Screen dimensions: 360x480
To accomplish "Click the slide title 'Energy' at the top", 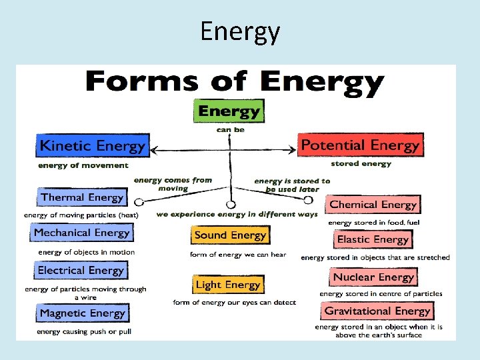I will pyautogui.click(x=240, y=31).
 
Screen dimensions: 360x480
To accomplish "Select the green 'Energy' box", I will pyautogui.click(x=228, y=111).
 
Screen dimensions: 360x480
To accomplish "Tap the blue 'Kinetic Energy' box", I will pyautogui.click(x=92, y=145).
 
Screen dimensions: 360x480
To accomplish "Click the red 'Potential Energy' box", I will pyautogui.click(x=360, y=145).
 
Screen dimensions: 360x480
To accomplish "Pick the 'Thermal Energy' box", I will pyautogui.click(x=82, y=197).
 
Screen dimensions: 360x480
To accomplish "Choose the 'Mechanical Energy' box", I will pyautogui.click(x=81, y=233).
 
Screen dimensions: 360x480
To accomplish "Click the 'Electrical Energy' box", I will pyautogui.click(x=81, y=270).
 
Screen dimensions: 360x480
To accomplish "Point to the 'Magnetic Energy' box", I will pyautogui.click(x=82, y=313).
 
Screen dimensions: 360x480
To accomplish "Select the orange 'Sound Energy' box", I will pyautogui.click(x=230, y=235).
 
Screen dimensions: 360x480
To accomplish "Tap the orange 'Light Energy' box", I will pyautogui.click(x=228, y=285).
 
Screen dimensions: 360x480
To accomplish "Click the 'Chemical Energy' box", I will pyautogui.click(x=373, y=205).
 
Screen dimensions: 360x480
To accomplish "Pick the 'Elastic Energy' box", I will pyautogui.click(x=373, y=239).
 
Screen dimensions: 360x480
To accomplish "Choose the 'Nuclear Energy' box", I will pyautogui.click(x=373, y=277).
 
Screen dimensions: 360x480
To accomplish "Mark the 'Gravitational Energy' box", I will pyautogui.click(x=377, y=311).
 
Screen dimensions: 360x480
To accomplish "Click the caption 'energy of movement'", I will pyautogui.click(x=83, y=165).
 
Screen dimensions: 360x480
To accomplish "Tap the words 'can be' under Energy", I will pyautogui.click(x=230, y=130).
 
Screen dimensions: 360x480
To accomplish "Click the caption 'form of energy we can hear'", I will pyautogui.click(x=238, y=254).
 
